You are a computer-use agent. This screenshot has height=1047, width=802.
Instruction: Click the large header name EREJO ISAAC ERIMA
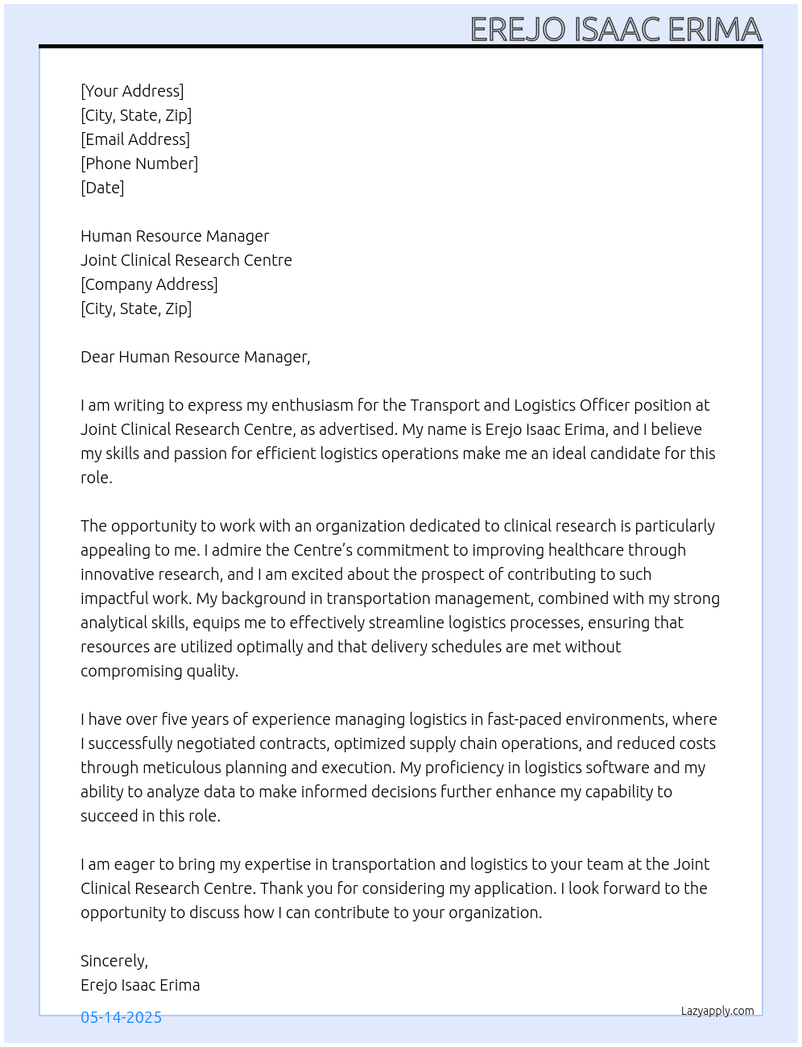coord(615,29)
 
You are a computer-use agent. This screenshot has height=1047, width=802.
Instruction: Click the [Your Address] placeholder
coord(132,91)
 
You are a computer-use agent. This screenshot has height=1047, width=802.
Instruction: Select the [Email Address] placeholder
coord(135,139)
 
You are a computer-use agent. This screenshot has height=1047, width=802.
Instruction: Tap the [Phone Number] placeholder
coord(139,163)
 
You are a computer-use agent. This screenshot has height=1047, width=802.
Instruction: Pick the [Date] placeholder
coord(102,188)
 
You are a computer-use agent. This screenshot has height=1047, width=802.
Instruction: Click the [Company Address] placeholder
coord(149,284)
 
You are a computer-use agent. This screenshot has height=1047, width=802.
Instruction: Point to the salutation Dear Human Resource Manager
coord(195,357)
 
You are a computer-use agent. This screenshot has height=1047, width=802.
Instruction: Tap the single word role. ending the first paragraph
coord(97,478)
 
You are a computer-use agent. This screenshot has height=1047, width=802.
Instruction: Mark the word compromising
coord(131,671)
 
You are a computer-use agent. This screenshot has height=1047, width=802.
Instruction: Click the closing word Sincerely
coord(114,961)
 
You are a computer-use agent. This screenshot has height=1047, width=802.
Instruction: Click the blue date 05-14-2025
coord(121,1017)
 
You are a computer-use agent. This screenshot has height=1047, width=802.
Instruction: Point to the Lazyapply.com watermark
coord(717,1011)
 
